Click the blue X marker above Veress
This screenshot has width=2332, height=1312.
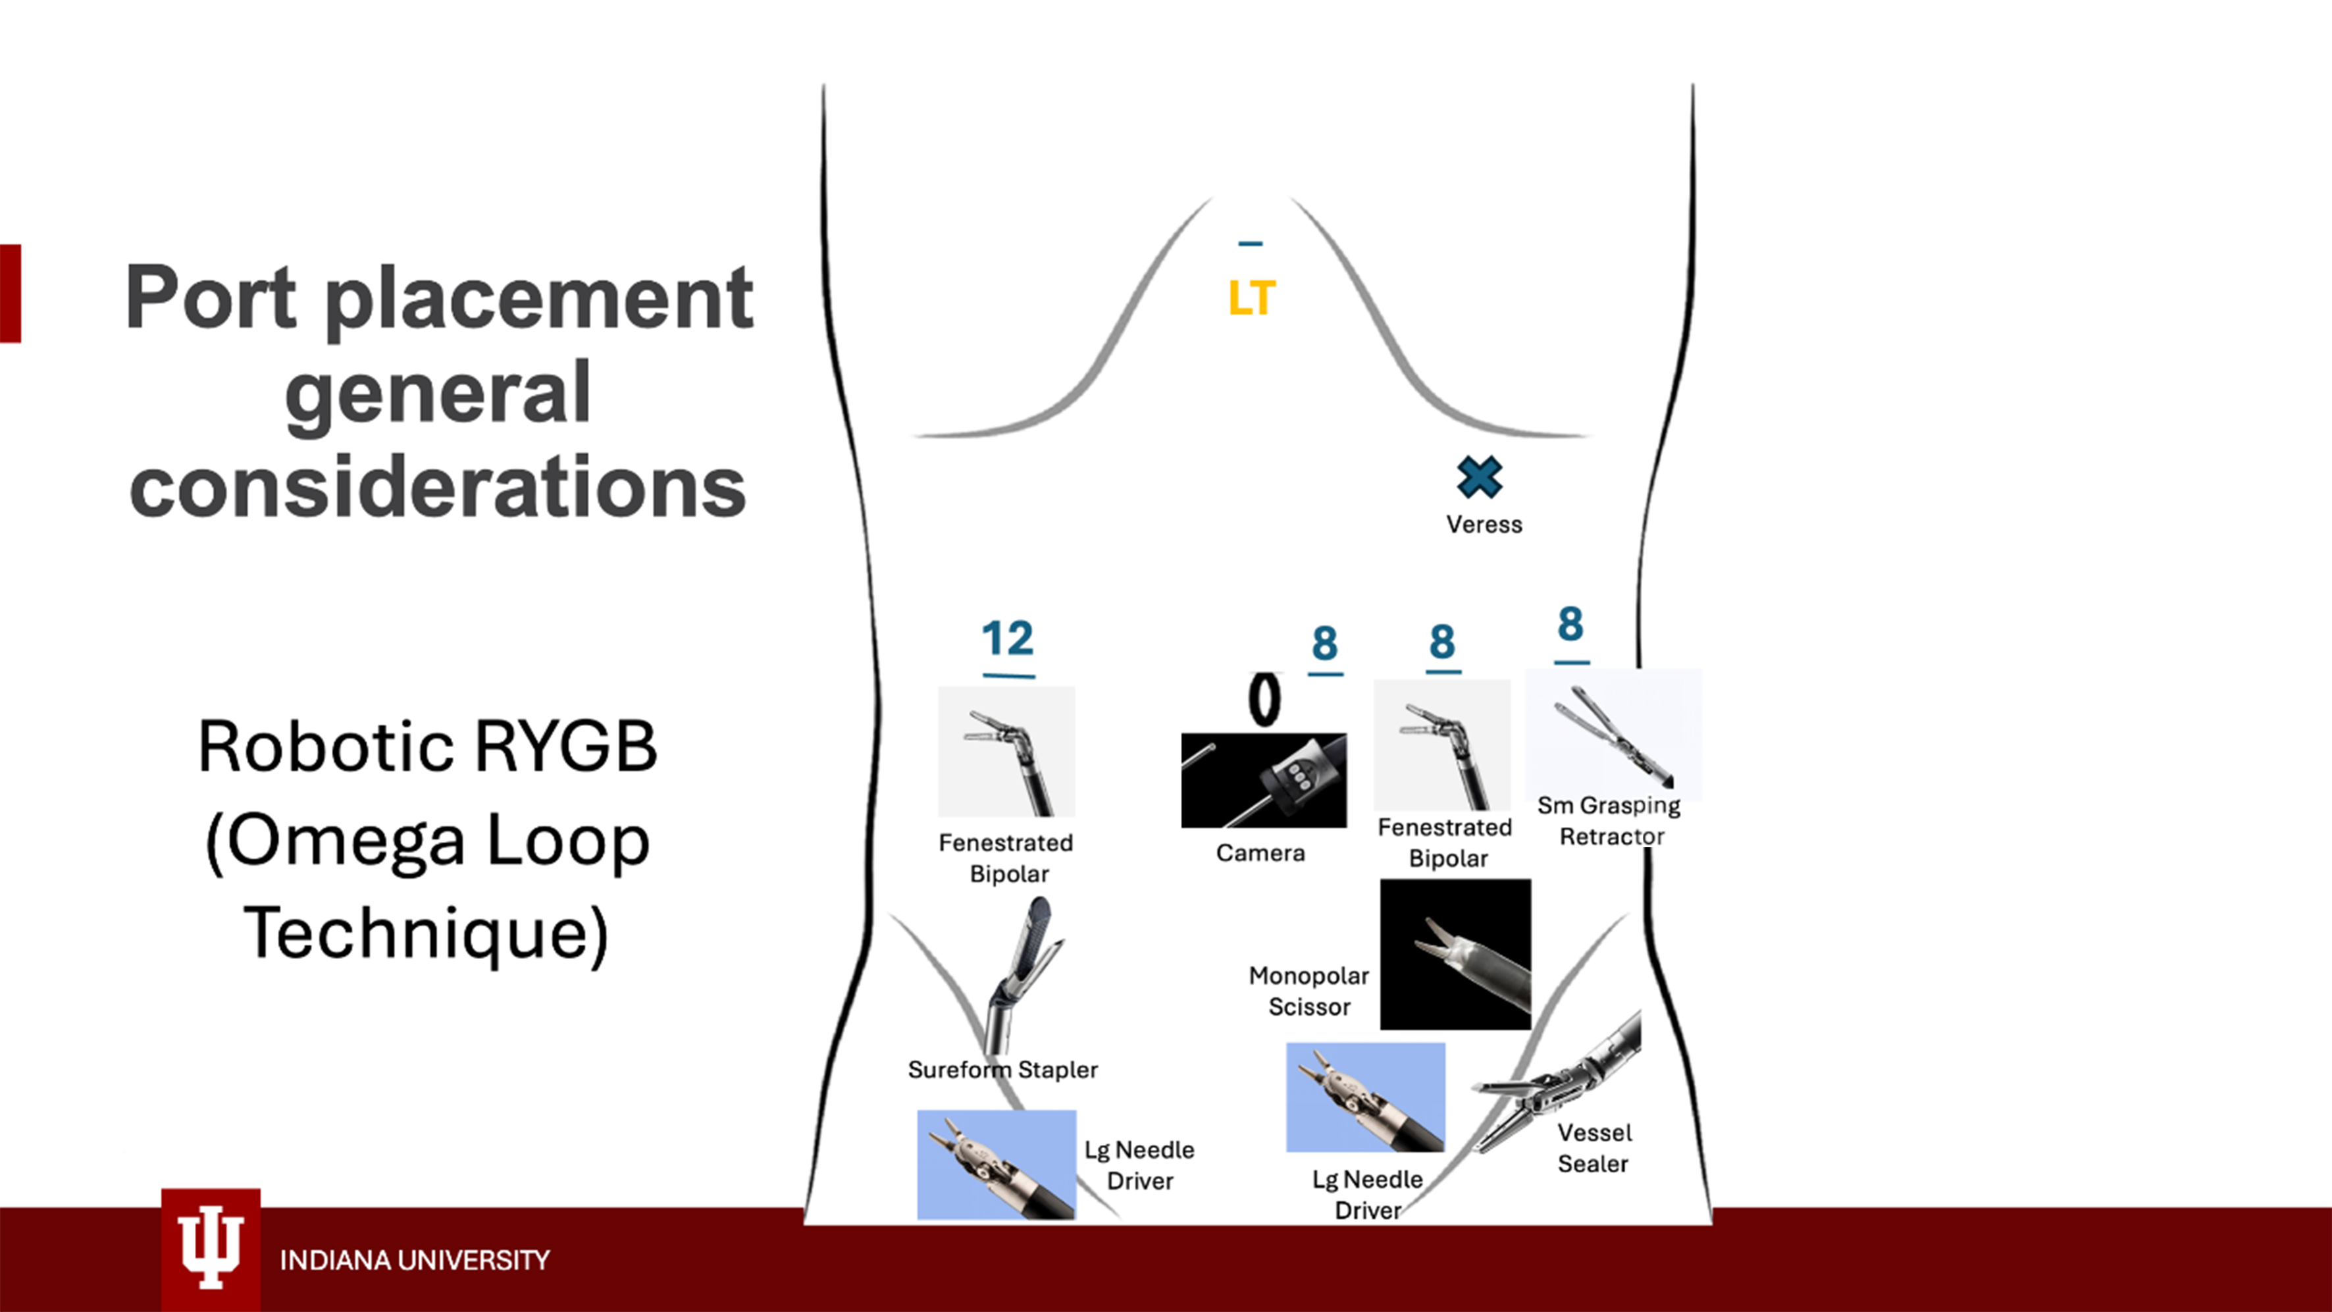(x=1479, y=477)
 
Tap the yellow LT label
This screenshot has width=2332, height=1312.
(x=1252, y=298)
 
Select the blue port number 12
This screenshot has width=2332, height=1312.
(x=1008, y=639)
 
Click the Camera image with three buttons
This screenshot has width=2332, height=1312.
(x=1264, y=779)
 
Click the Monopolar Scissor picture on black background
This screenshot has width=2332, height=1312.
(x=1455, y=955)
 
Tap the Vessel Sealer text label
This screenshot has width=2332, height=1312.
(x=1594, y=1148)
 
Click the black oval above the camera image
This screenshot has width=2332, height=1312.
(x=1264, y=700)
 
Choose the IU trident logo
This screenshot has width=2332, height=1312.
(x=211, y=1246)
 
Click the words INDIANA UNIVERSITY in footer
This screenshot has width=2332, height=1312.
(x=415, y=1261)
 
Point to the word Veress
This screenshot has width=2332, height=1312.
(x=1484, y=524)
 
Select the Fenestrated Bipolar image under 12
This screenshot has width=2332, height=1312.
(x=1006, y=752)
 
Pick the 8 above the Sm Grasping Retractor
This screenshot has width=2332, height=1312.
(x=1570, y=624)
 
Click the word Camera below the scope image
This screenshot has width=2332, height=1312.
(x=1260, y=853)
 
